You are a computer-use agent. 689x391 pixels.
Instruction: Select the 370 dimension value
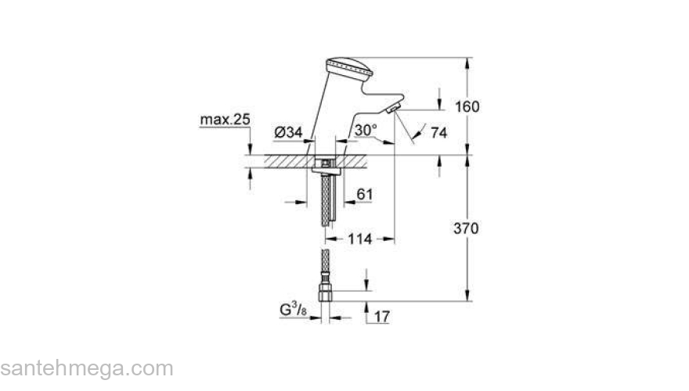pyautogui.click(x=467, y=228)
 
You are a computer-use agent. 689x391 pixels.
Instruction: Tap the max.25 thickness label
pyautogui.click(x=225, y=120)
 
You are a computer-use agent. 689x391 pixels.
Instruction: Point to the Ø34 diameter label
pyautogui.click(x=290, y=133)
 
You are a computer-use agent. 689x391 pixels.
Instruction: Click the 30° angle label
pyautogui.click(x=366, y=128)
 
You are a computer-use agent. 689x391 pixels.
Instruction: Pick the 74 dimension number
pyautogui.click(x=438, y=133)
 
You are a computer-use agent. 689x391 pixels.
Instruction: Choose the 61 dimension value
pyautogui.click(x=366, y=193)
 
